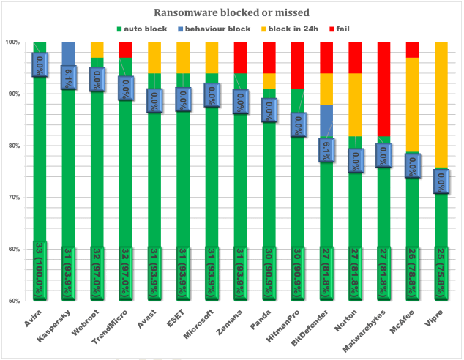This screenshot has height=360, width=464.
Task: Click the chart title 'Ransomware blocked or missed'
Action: tap(231, 12)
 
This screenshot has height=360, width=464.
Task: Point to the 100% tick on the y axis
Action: tap(14, 42)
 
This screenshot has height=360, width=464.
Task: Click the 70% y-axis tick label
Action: tap(15, 198)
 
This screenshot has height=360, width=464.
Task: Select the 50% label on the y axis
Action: tap(15, 301)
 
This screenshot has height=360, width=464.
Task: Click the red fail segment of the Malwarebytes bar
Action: tap(384, 89)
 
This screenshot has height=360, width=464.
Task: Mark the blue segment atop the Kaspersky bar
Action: tap(68, 53)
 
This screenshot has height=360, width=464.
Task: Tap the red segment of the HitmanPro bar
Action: tap(298, 65)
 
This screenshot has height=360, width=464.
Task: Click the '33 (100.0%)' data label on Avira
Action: tap(40, 270)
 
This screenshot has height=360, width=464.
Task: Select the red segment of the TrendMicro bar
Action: tap(126, 49)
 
